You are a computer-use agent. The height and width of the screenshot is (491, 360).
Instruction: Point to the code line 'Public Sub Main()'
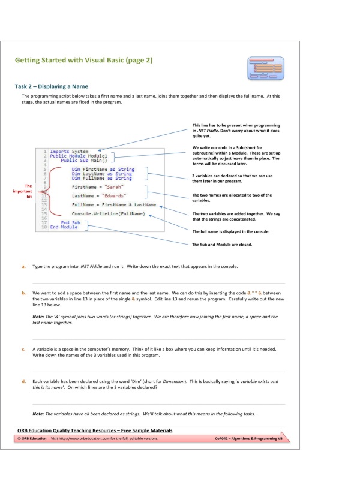(x=83, y=160)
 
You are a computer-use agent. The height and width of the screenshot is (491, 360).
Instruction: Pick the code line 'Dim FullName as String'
(x=101, y=178)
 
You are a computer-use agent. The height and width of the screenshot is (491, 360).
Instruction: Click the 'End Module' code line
(x=64, y=227)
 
